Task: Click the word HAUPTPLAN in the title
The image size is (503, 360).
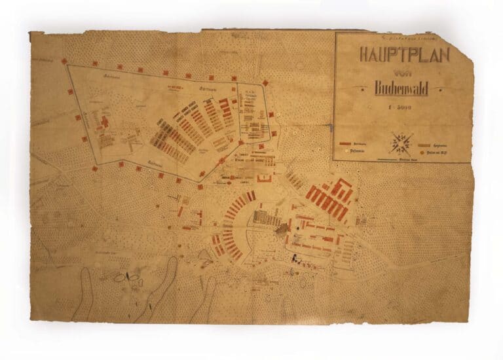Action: coord(403,55)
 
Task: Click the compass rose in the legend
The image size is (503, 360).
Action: coord(400,141)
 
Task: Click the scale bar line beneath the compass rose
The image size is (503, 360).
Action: coord(400,158)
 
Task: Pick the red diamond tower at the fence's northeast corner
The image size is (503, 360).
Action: coord(265,82)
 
